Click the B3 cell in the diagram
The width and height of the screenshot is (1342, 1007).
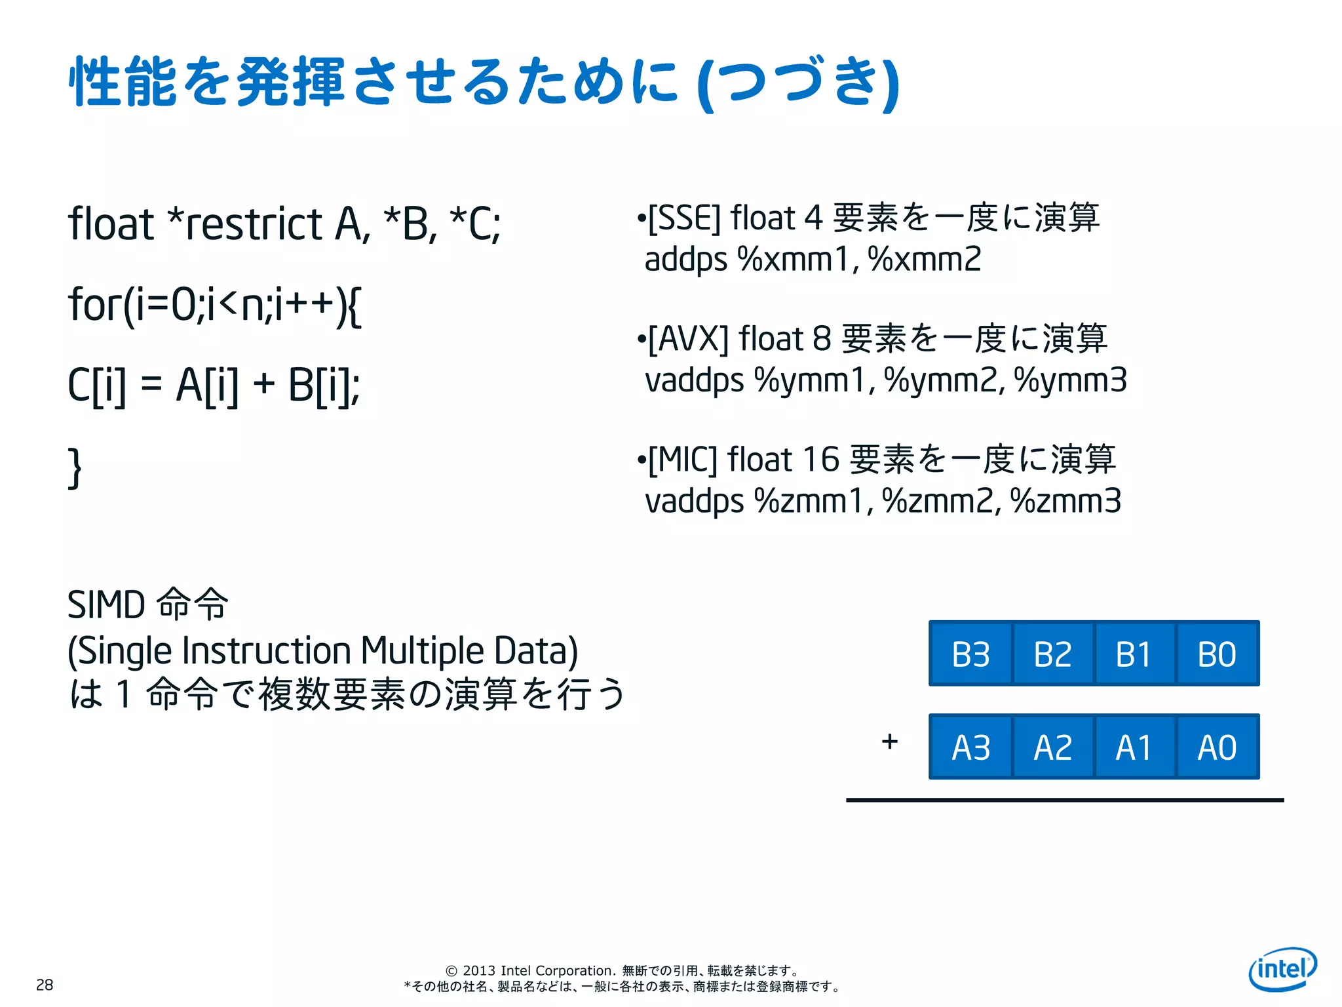click(970, 654)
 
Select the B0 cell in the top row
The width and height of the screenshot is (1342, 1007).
click(1217, 654)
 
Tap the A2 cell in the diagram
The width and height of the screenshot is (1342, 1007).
click(1053, 747)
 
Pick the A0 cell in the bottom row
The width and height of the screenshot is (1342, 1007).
click(1217, 747)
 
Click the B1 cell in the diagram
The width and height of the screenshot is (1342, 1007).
click(1134, 654)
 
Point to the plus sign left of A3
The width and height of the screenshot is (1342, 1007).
click(889, 741)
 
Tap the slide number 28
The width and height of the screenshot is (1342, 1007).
click(45, 985)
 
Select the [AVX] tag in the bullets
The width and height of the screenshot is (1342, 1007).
click(688, 339)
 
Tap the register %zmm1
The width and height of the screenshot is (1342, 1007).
click(810, 501)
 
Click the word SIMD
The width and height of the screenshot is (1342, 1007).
click(106, 604)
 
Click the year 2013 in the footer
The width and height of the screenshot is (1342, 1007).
click(479, 970)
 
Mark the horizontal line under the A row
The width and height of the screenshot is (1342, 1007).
click(1065, 800)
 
